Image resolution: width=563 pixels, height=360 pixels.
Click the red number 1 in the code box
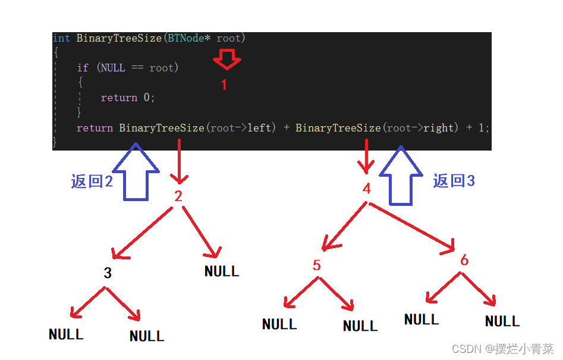[x=224, y=84]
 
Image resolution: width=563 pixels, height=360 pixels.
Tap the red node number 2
[x=178, y=196]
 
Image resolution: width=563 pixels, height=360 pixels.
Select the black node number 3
[x=108, y=273]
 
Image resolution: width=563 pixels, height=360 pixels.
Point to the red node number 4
[x=367, y=188]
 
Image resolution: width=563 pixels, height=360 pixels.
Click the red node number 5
[x=316, y=265]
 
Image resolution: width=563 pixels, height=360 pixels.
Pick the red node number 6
[x=464, y=260]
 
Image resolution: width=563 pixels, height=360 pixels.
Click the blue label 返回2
[x=92, y=181]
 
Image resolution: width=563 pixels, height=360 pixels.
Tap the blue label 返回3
[x=454, y=180]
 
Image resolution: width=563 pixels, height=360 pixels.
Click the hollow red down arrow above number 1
[x=227, y=60]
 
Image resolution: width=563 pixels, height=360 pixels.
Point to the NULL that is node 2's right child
[x=222, y=271]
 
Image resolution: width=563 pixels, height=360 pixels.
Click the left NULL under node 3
[x=66, y=334]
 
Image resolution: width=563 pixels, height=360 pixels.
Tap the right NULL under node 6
[x=502, y=321]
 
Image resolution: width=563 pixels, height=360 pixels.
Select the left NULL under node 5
[x=279, y=324]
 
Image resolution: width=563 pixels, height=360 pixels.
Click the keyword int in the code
[x=61, y=38]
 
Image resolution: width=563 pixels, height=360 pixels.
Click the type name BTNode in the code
[x=186, y=38]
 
